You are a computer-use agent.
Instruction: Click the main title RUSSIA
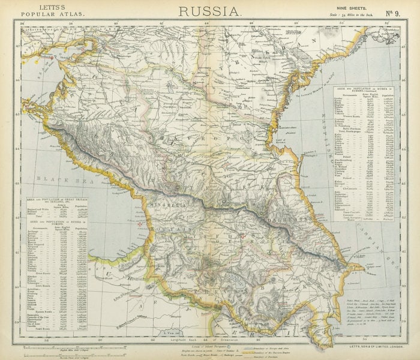(x=209, y=10)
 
